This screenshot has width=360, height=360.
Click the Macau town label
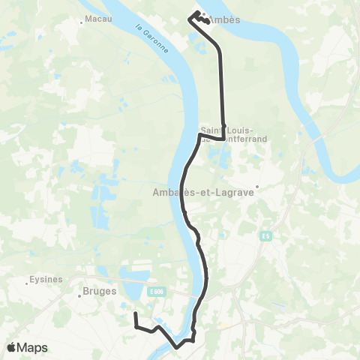tap(97, 18)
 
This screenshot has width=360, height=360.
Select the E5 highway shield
tap(266, 235)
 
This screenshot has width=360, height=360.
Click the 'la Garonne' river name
tap(151, 37)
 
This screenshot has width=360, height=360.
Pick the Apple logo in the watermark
tap(13, 347)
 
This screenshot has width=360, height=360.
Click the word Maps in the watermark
tap(34, 347)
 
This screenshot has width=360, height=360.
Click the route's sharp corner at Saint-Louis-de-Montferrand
tap(223, 138)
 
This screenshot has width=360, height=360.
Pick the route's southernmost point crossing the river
tap(177, 346)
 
